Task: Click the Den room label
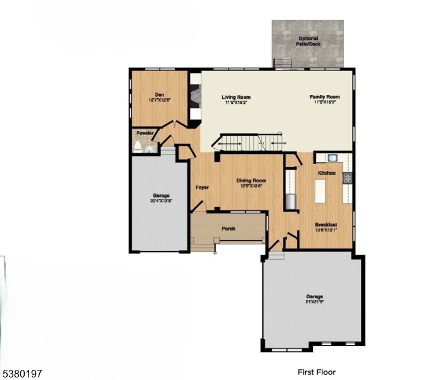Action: click(x=160, y=94)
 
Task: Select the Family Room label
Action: click(x=324, y=97)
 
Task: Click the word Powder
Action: click(x=145, y=134)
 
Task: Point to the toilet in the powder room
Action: click(x=137, y=146)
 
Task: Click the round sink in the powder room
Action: click(x=149, y=149)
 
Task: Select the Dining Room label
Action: click(x=251, y=180)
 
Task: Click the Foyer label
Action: click(x=202, y=187)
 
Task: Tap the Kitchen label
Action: click(x=327, y=173)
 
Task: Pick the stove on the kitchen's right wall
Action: click(x=347, y=179)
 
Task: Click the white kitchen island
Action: click(x=320, y=191)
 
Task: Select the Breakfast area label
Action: click(x=325, y=225)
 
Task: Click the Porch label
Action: click(x=228, y=229)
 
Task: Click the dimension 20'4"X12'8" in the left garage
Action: click(x=161, y=201)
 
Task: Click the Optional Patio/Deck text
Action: click(x=308, y=41)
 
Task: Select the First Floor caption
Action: click(x=317, y=372)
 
